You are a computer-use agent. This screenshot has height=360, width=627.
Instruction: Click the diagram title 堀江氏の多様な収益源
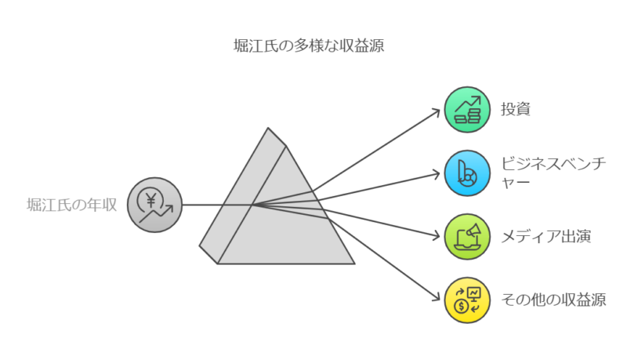310,46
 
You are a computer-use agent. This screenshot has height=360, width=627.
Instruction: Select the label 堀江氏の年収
71,205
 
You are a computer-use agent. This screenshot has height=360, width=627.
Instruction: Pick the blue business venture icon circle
468,173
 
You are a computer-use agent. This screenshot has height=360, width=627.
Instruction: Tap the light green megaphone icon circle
468,235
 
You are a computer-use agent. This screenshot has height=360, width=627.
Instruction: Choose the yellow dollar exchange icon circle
468,298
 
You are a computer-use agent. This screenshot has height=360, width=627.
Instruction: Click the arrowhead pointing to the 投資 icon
440,111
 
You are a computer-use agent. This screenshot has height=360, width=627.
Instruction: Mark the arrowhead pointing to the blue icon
440,173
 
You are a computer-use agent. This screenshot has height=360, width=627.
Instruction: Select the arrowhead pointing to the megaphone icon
440,235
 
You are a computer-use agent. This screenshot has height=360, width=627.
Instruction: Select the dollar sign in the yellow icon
462,305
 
